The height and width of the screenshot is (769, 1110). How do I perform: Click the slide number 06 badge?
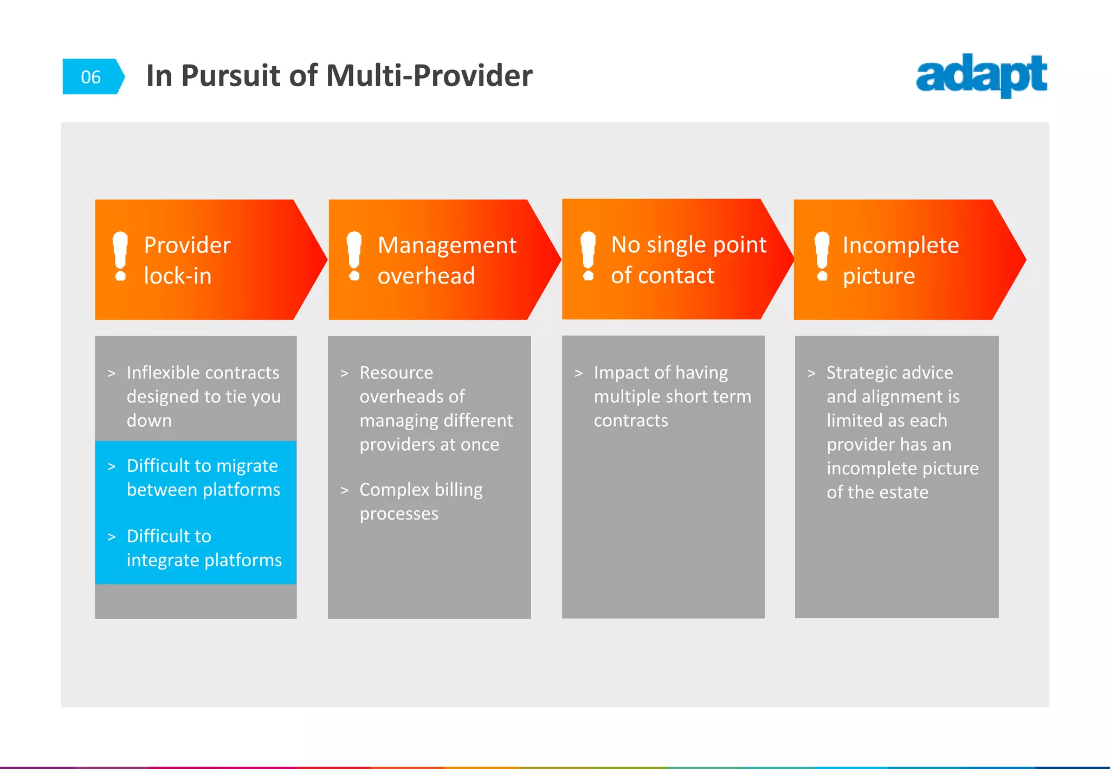[x=91, y=77]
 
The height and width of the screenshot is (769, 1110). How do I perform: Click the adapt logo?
[x=981, y=76]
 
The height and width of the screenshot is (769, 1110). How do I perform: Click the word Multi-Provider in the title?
[x=429, y=75]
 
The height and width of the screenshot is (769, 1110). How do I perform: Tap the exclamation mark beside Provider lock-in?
[x=120, y=257]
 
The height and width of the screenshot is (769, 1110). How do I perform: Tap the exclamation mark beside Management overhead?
[x=354, y=256]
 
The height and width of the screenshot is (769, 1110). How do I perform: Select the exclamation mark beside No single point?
[x=588, y=256]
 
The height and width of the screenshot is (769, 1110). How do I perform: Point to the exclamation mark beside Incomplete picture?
[x=822, y=256]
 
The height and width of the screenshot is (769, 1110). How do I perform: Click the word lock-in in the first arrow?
[x=178, y=276]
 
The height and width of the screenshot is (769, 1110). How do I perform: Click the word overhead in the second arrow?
[x=426, y=276]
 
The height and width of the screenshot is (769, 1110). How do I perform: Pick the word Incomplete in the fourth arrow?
[x=900, y=245]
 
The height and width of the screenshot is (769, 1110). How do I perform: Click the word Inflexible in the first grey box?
[x=163, y=373]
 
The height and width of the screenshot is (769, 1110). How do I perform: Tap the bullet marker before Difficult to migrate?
[x=112, y=466]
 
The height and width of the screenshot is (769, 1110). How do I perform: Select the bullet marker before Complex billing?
[x=344, y=490]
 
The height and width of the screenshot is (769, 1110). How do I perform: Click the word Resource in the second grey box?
[x=396, y=373]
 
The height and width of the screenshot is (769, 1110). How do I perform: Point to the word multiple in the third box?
[x=626, y=396]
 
